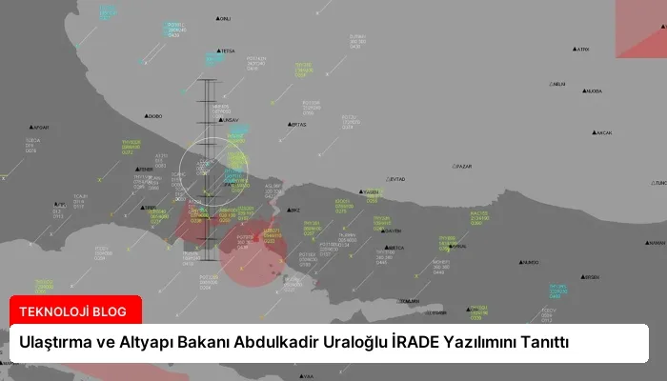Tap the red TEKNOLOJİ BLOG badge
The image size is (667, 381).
click(x=74, y=310)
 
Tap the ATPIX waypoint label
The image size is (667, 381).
click(x=582, y=50)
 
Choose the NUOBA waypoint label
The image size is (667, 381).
click(x=593, y=91)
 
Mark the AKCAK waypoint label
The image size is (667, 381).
click(x=602, y=132)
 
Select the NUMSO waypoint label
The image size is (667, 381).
click(x=531, y=263)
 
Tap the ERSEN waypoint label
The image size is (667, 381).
click(x=591, y=277)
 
